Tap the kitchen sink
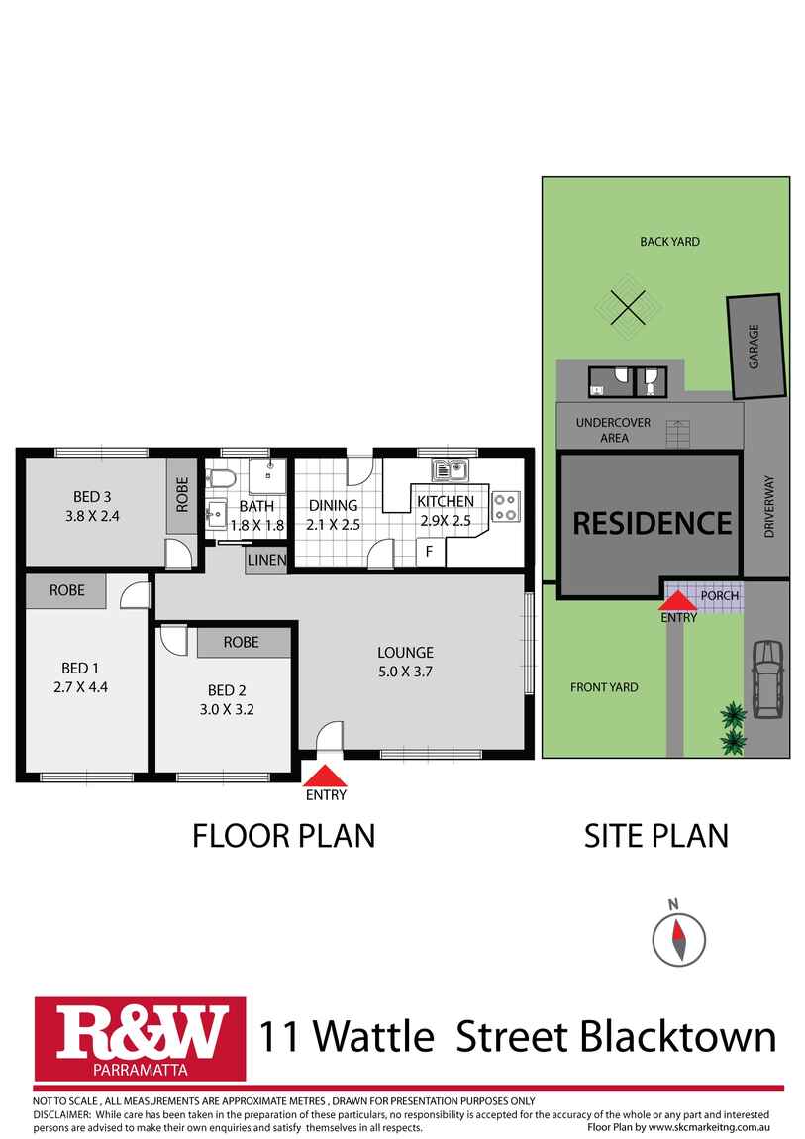[451, 470]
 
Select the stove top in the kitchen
[505, 507]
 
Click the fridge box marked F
[429, 552]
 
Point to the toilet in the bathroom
[222, 478]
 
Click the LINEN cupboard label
[266, 560]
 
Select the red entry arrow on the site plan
[678, 600]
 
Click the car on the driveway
[767, 678]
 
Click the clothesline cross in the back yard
[628, 307]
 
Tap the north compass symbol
[678, 939]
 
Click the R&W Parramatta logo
[140, 1039]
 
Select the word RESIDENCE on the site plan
[652, 523]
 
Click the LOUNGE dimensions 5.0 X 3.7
[405, 672]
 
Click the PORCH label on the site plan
[719, 595]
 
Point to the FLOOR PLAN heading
[284, 836]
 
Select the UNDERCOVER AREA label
[613, 430]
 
